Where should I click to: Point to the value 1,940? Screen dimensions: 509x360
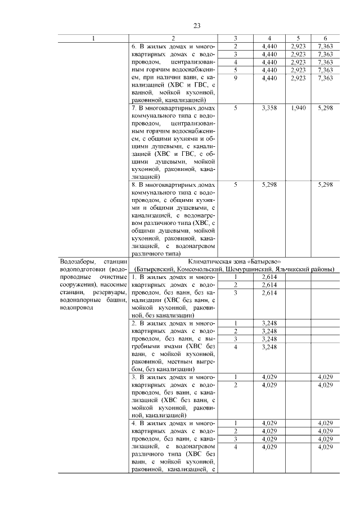[x=299, y=107]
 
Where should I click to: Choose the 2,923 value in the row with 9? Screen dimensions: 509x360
[x=299, y=78]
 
